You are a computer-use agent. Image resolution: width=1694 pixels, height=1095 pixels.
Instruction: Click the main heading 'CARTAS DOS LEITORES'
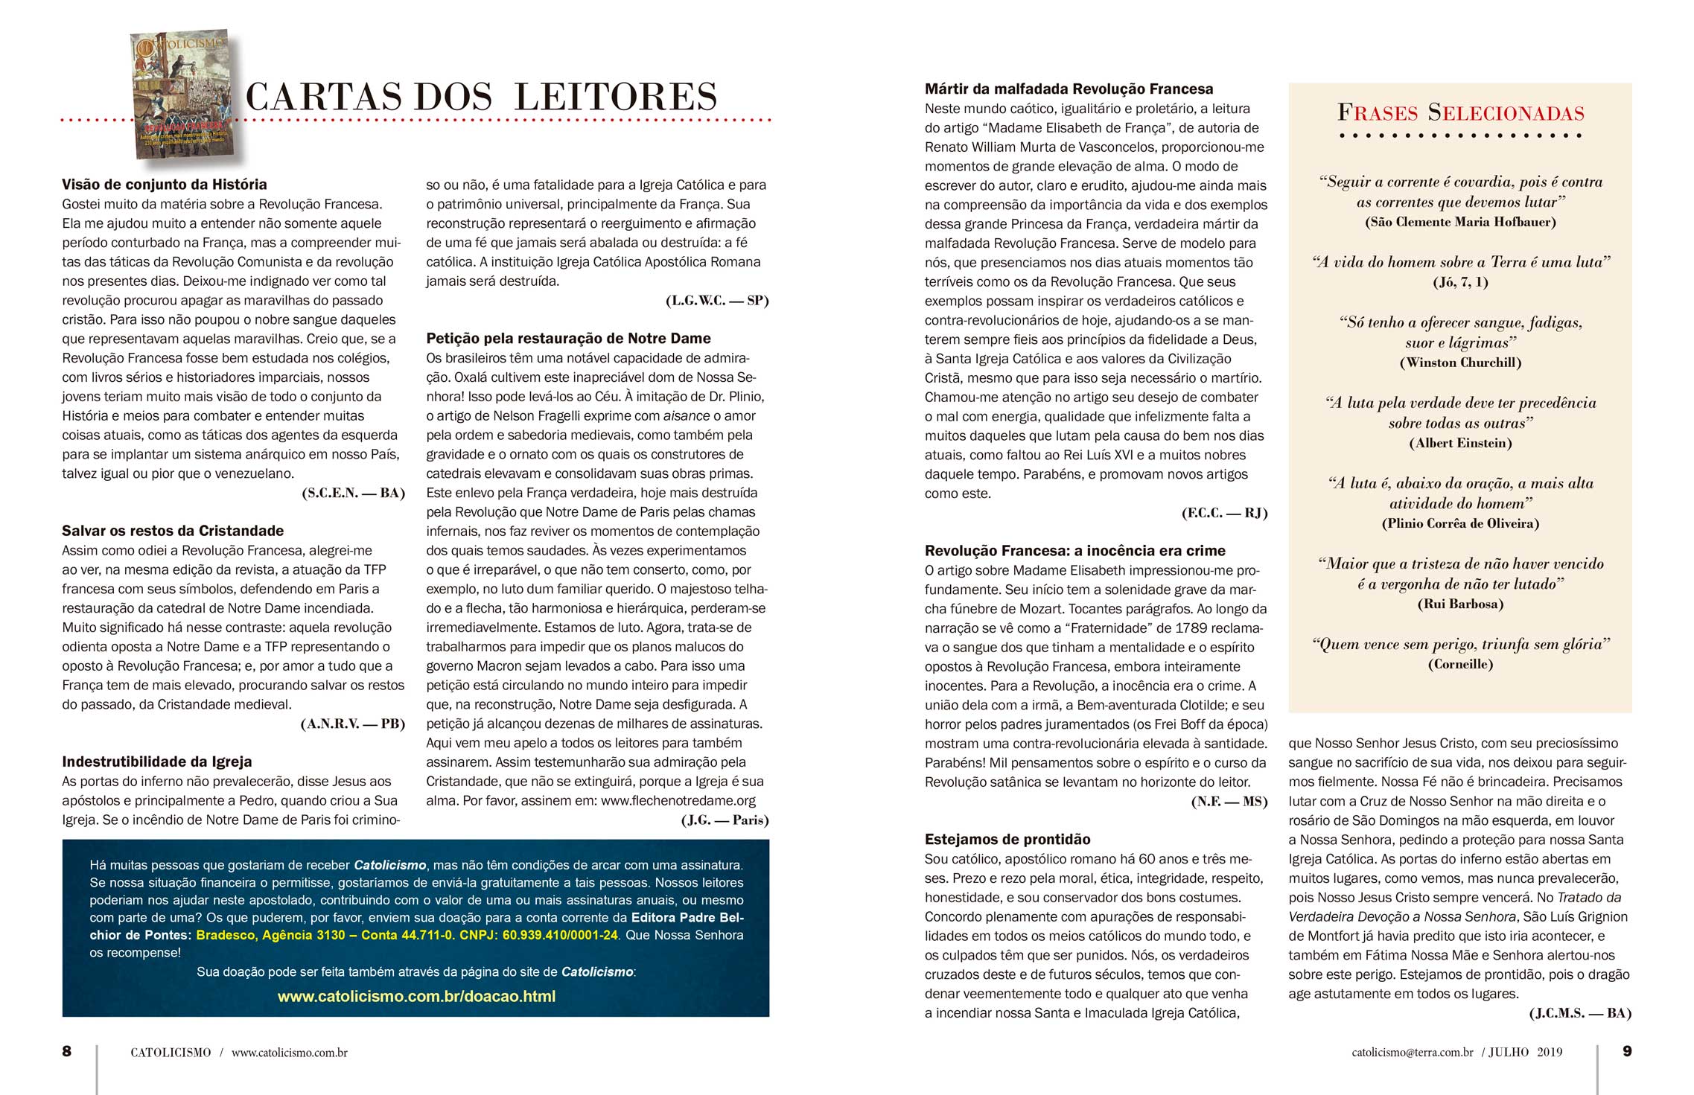pyautogui.click(x=481, y=97)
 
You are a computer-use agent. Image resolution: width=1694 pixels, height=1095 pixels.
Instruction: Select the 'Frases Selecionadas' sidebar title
pyautogui.click(x=1460, y=113)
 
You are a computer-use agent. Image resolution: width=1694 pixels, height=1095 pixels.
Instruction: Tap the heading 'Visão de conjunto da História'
pyautogui.click(x=164, y=185)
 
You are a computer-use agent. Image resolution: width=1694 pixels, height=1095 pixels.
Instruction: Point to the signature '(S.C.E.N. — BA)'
pyautogui.click(x=353, y=493)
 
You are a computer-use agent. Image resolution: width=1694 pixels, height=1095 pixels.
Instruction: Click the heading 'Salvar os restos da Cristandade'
pyautogui.click(x=173, y=531)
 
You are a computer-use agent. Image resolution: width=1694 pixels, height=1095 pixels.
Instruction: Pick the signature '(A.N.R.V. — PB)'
pyautogui.click(x=352, y=724)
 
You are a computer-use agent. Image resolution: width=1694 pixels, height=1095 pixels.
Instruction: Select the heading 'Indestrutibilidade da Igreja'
pyautogui.click(x=157, y=762)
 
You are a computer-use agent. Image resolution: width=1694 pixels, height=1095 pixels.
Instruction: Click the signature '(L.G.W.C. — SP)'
pyautogui.click(x=716, y=301)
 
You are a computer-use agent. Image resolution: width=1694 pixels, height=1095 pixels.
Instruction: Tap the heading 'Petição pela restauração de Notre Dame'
pyautogui.click(x=568, y=339)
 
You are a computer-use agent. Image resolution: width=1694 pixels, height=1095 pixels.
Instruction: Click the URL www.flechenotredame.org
pyautogui.click(x=678, y=801)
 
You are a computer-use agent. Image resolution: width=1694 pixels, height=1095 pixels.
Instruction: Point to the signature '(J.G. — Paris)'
pyautogui.click(x=725, y=820)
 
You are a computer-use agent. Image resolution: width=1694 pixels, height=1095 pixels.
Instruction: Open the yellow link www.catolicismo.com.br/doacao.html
pyautogui.click(x=416, y=997)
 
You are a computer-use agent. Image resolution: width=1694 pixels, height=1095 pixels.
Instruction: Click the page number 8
pyautogui.click(x=67, y=1051)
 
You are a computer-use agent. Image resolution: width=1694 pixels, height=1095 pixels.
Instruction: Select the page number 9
pyautogui.click(x=1627, y=1051)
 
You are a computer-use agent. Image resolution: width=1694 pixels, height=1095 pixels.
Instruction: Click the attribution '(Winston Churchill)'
pyautogui.click(x=1460, y=363)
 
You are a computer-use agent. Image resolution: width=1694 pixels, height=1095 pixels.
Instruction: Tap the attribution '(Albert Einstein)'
pyautogui.click(x=1460, y=443)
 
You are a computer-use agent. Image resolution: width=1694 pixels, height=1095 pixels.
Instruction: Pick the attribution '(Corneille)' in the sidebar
pyautogui.click(x=1460, y=664)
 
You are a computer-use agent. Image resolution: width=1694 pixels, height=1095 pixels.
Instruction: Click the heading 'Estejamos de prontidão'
pyautogui.click(x=1007, y=840)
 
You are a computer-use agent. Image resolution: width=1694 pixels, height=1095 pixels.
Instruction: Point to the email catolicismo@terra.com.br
pyautogui.click(x=1413, y=1053)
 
